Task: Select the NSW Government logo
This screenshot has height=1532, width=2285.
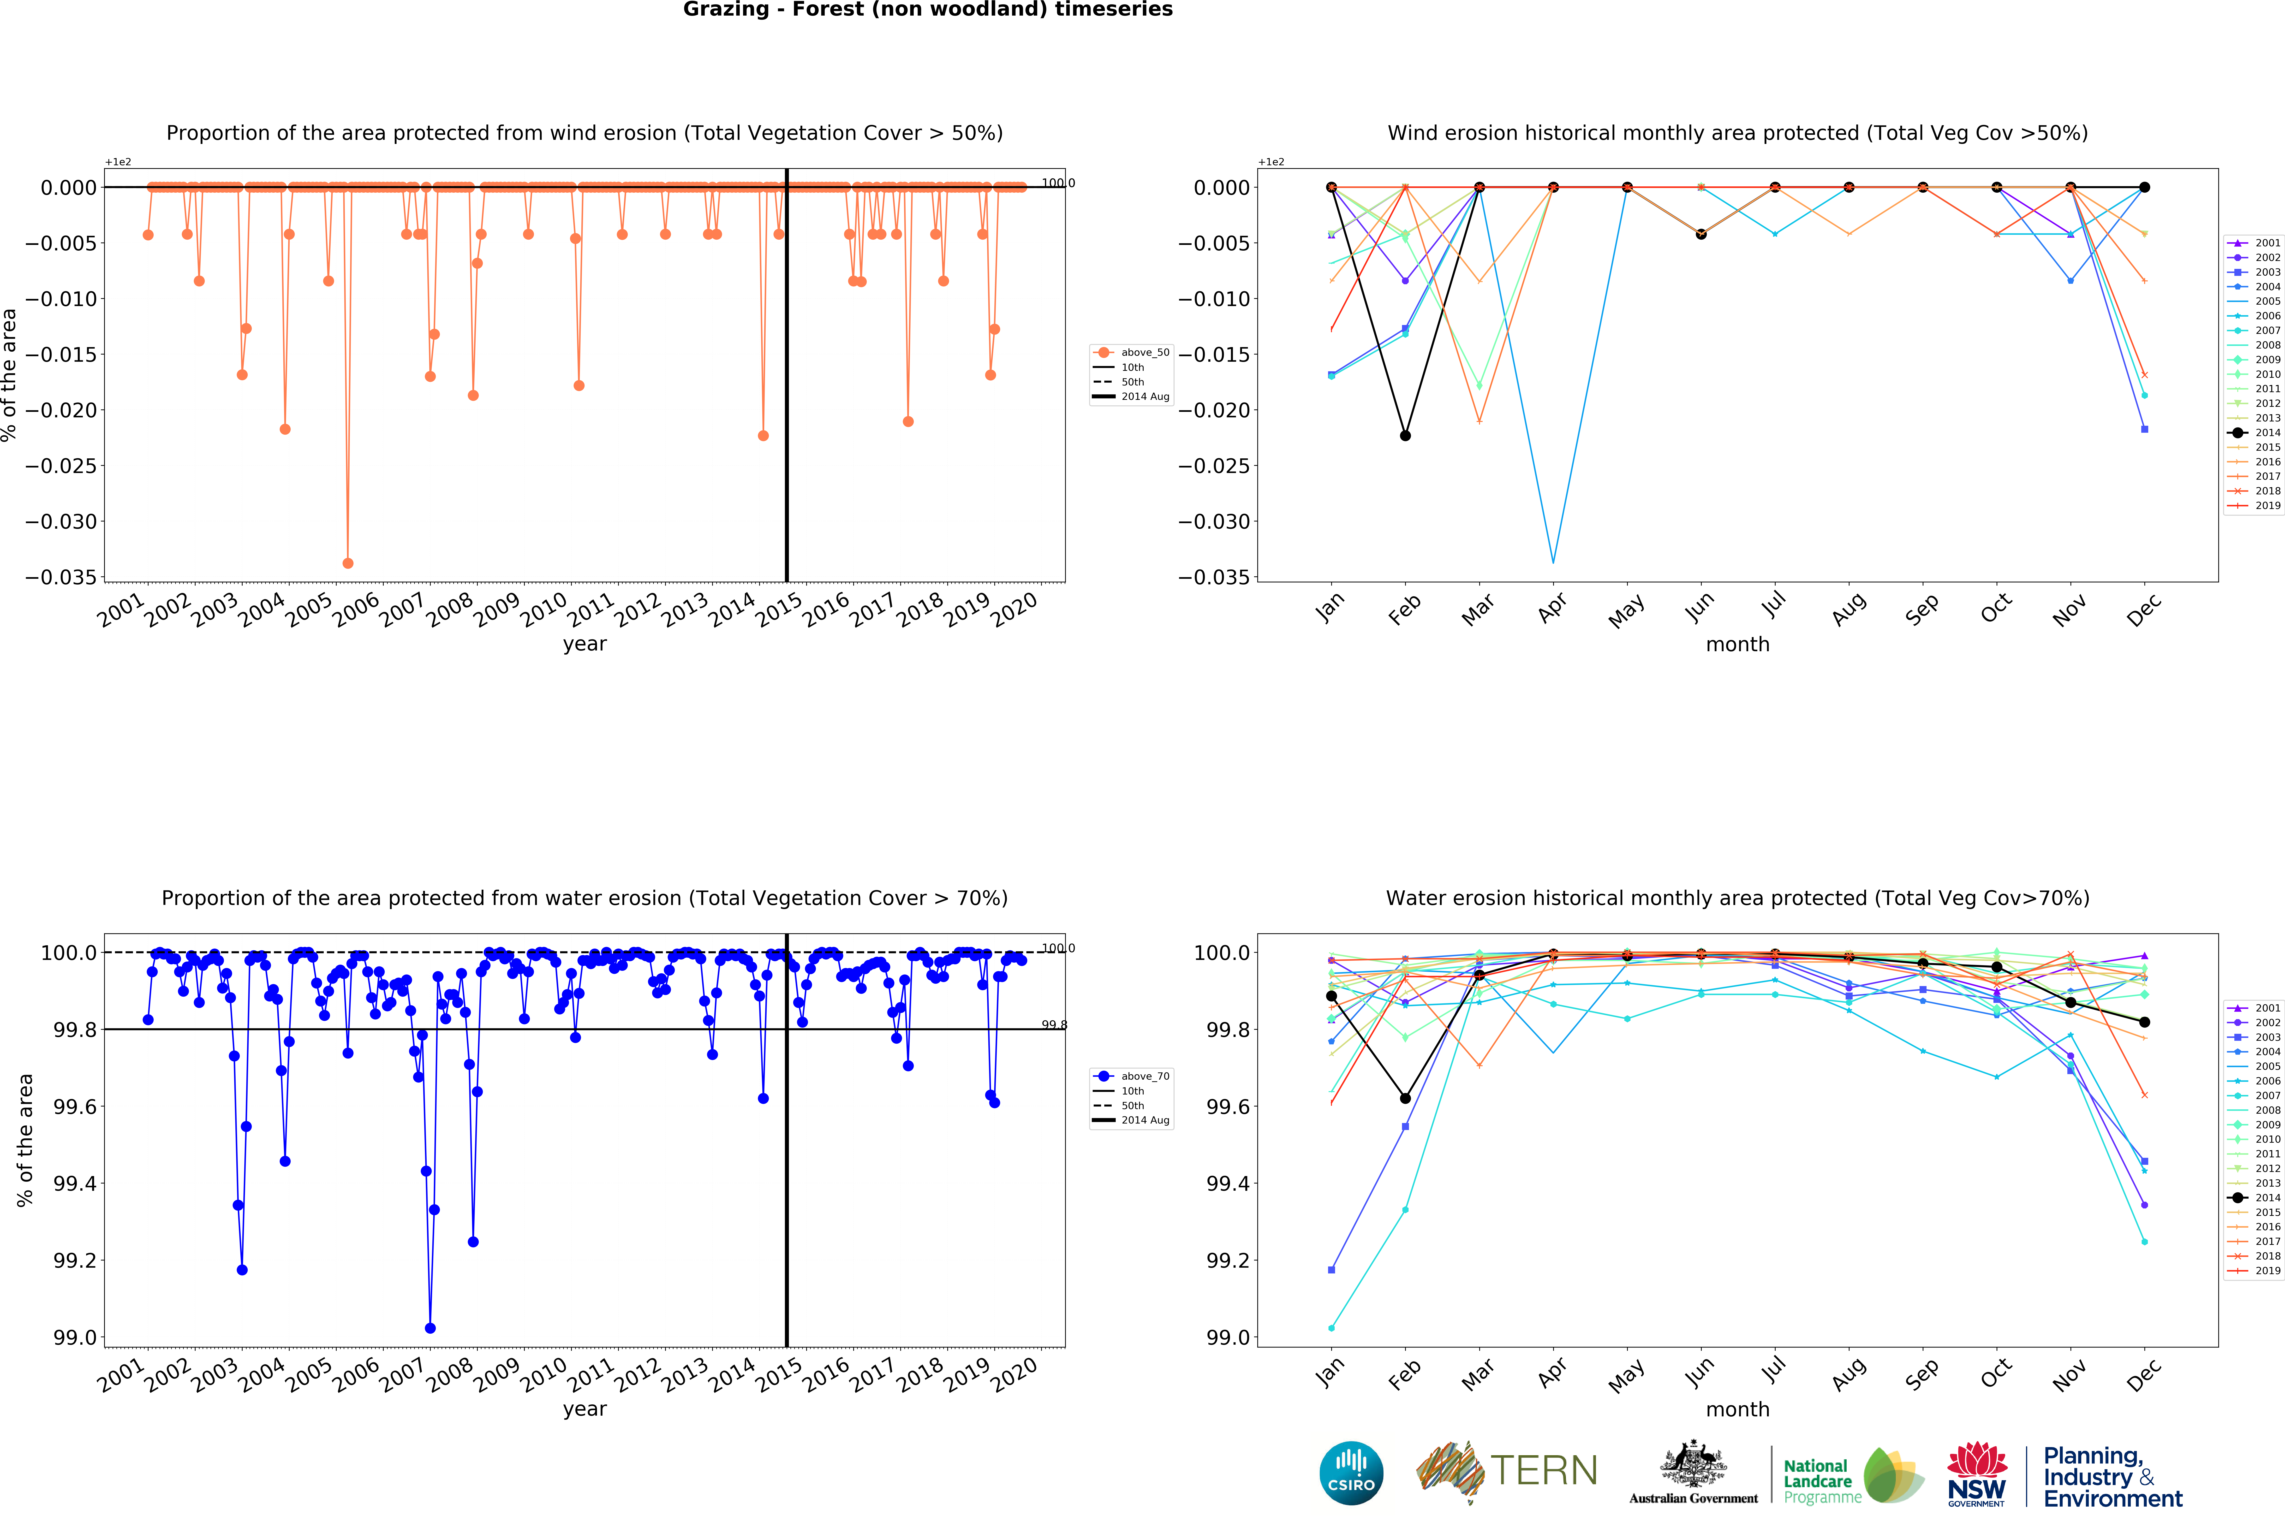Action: click(x=1976, y=1473)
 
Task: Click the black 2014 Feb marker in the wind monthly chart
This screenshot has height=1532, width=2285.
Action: click(x=1405, y=436)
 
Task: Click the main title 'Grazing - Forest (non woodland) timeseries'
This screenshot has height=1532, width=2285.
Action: click(x=927, y=10)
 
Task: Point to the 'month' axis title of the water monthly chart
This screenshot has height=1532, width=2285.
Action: click(x=1737, y=1409)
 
